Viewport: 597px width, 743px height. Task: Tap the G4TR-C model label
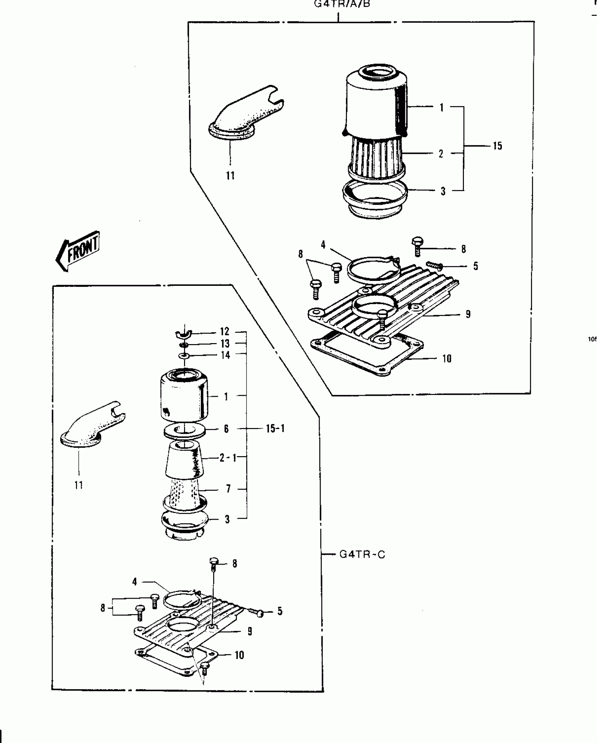362,554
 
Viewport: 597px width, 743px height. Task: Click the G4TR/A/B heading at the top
342,5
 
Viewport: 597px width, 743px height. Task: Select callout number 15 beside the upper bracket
497,146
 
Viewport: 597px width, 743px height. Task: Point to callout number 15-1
275,429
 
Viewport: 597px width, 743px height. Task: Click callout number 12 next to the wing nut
224,332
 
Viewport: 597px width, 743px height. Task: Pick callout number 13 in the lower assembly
225,343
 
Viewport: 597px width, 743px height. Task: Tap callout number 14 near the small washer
225,355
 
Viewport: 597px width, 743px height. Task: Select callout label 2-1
228,458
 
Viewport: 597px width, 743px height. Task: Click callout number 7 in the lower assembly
228,489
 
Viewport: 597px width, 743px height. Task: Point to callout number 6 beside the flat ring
226,429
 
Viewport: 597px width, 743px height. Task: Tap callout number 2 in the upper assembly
441,154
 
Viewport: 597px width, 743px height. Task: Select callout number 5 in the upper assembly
475,266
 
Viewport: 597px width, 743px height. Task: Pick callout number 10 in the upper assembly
446,359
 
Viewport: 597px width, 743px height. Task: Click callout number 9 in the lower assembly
250,631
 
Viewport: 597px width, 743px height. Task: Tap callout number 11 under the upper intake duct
230,175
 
